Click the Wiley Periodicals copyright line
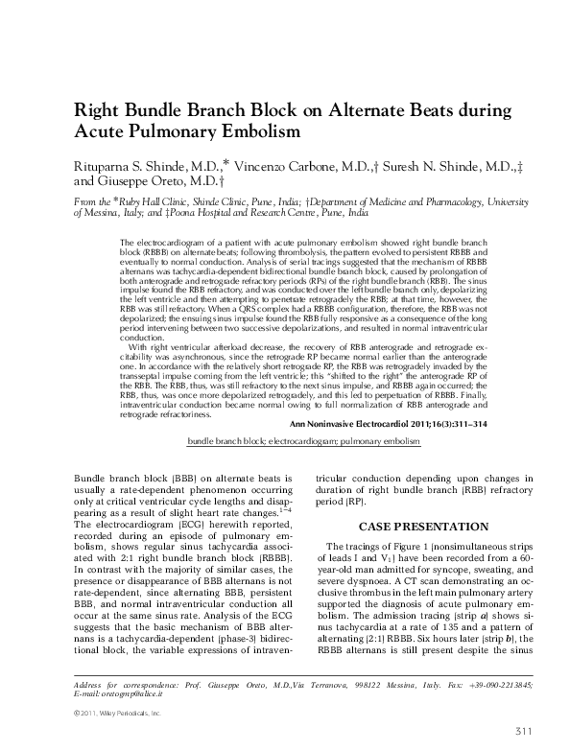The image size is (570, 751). click(x=121, y=715)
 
